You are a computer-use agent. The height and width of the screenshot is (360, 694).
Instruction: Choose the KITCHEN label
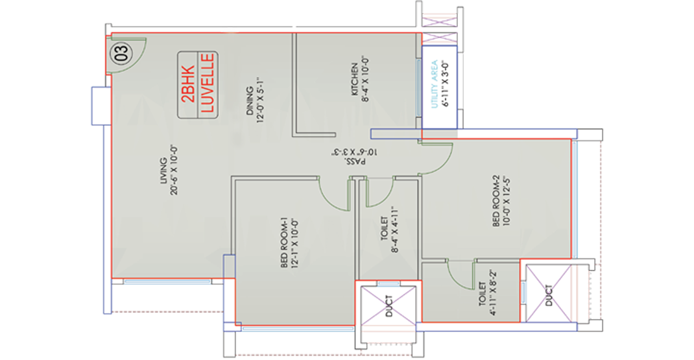click(355, 79)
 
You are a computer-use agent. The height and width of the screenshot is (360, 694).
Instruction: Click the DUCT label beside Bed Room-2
click(549, 295)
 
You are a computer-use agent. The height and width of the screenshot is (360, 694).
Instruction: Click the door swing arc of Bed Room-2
click(436, 159)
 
